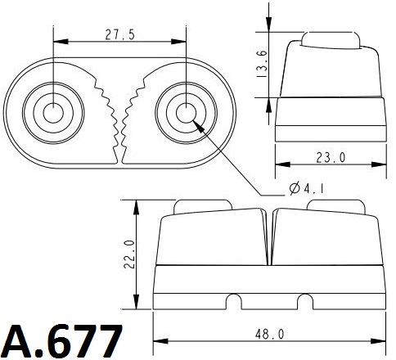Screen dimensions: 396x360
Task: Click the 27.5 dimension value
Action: (120, 34)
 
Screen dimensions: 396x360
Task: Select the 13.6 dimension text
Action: (262, 64)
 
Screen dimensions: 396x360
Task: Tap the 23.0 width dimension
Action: (331, 157)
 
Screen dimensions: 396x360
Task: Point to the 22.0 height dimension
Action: (129, 254)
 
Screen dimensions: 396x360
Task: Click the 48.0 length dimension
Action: (270, 334)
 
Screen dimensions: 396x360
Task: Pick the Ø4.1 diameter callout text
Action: (307, 188)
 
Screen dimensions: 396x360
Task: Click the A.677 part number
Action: (62, 340)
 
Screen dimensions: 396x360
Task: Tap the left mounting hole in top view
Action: (53, 113)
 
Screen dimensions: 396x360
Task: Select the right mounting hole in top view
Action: (186, 113)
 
